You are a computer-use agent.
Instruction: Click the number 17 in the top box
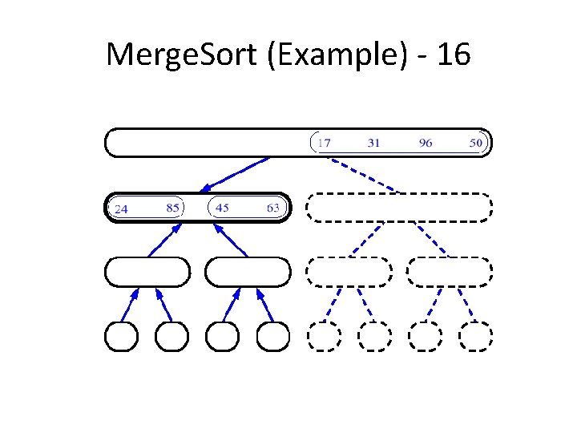(x=324, y=144)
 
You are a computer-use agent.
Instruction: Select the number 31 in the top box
(x=373, y=144)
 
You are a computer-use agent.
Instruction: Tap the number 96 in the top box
(x=425, y=144)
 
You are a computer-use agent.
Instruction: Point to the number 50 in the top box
(x=476, y=144)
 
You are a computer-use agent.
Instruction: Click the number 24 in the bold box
(x=121, y=209)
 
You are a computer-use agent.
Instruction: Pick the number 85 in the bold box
(x=172, y=208)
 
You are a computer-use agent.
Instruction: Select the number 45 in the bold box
(x=222, y=208)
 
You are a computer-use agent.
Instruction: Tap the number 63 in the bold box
(x=273, y=208)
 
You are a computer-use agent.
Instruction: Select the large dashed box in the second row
(x=399, y=208)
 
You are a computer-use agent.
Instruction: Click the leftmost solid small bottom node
(x=121, y=336)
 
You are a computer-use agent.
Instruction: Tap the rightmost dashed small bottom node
(x=475, y=336)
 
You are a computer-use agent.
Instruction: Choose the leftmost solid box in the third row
(x=147, y=272)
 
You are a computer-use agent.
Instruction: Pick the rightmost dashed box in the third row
(x=450, y=272)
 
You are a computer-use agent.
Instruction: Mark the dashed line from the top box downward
(x=365, y=174)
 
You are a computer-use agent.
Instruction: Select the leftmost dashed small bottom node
(x=323, y=336)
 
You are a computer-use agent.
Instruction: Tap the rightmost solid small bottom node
(x=273, y=336)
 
